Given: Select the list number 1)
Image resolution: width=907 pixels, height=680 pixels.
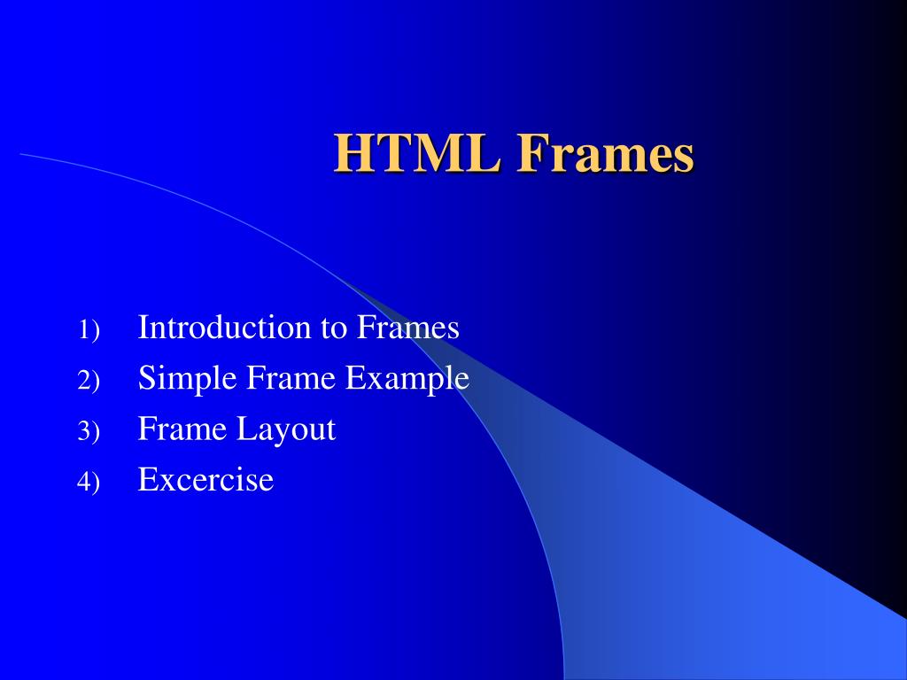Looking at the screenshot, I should [x=89, y=330].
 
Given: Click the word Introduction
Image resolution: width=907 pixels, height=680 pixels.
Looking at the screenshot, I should [x=225, y=328].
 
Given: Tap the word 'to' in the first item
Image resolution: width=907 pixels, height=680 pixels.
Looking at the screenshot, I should [x=333, y=328].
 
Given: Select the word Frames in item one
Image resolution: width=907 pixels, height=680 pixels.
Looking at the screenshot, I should [x=408, y=328].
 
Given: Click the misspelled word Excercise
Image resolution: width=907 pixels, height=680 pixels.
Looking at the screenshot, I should [x=205, y=481].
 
